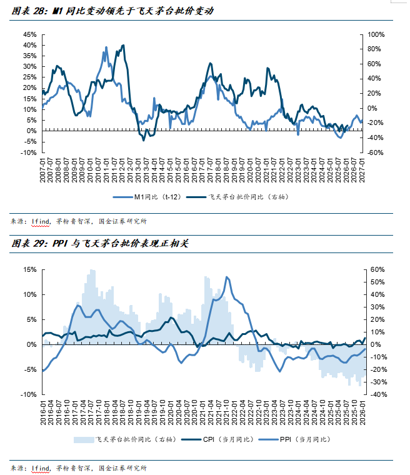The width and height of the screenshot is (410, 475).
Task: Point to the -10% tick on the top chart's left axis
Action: tap(29, 152)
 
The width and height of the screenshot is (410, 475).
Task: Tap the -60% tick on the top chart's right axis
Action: tap(375, 152)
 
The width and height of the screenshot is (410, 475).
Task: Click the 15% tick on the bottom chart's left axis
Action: tap(30, 270)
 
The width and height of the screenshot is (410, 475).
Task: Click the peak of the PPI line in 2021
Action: tap(227, 277)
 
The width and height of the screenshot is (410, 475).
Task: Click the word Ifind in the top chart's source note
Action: tap(39, 220)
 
